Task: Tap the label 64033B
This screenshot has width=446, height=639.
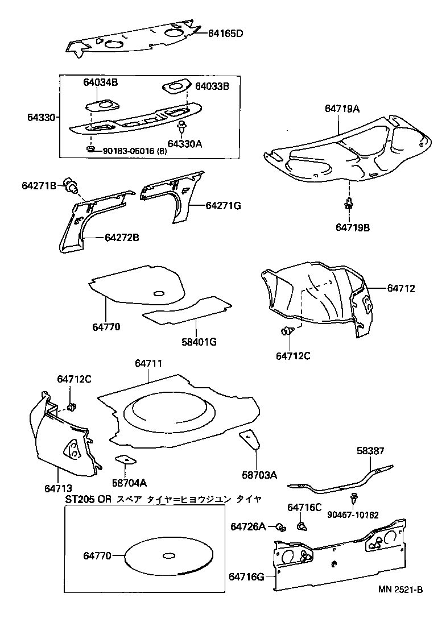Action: (x=212, y=86)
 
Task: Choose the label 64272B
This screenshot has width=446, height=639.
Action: (x=122, y=237)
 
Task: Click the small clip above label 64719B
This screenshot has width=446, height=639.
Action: (x=348, y=202)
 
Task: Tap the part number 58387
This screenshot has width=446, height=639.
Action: (x=370, y=450)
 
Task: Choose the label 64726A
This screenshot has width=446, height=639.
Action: (x=247, y=527)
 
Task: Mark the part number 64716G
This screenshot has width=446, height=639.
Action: (x=247, y=576)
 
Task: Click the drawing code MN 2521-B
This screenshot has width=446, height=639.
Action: (x=400, y=590)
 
